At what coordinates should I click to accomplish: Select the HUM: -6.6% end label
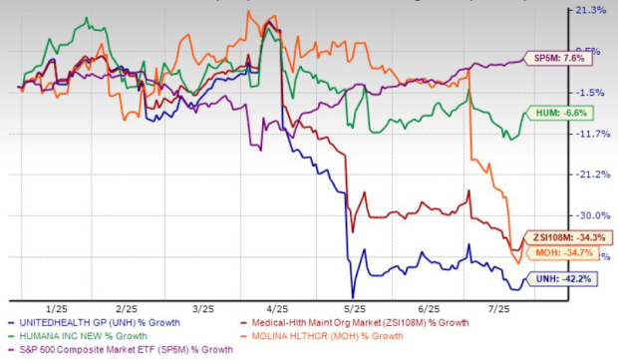[x=568, y=115]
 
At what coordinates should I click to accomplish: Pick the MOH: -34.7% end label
[x=570, y=254]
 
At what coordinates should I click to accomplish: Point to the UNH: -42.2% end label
[x=570, y=281]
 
